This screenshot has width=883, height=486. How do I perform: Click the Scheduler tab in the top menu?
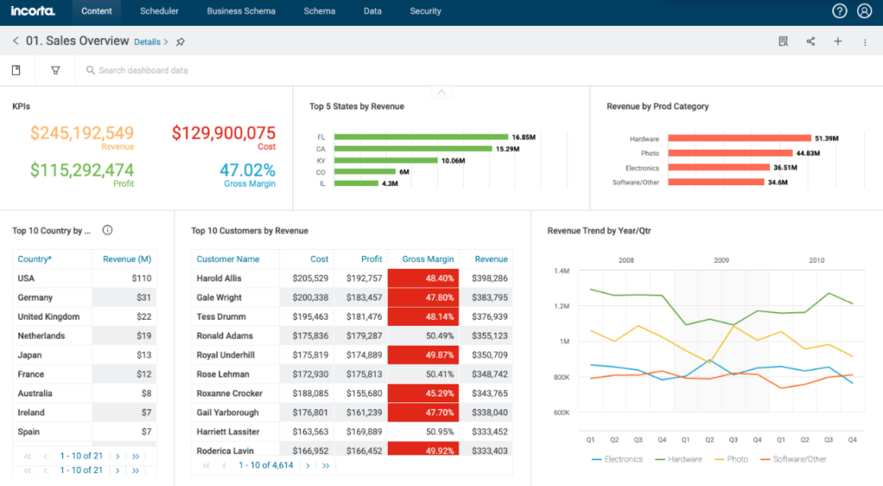click(x=159, y=11)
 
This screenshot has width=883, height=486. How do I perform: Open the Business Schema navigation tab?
click(x=241, y=11)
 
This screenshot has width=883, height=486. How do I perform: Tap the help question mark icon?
click(x=839, y=11)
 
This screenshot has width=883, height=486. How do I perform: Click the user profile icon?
click(x=864, y=11)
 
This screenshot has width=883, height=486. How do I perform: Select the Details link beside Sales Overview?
click(x=151, y=41)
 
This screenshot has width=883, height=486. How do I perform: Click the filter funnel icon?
click(x=55, y=71)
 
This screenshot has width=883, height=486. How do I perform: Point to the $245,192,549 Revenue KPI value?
click(x=82, y=133)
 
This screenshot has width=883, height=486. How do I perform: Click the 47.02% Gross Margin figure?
click(x=247, y=170)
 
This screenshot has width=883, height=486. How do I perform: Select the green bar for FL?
click(x=420, y=137)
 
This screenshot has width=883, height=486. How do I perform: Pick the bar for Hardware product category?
click(x=739, y=138)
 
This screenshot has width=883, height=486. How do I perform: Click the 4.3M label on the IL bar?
click(x=390, y=183)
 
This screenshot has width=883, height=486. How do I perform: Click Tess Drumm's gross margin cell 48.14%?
click(x=423, y=316)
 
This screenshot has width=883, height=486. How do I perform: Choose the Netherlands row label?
click(x=41, y=336)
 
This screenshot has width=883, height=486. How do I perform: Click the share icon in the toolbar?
click(x=811, y=41)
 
